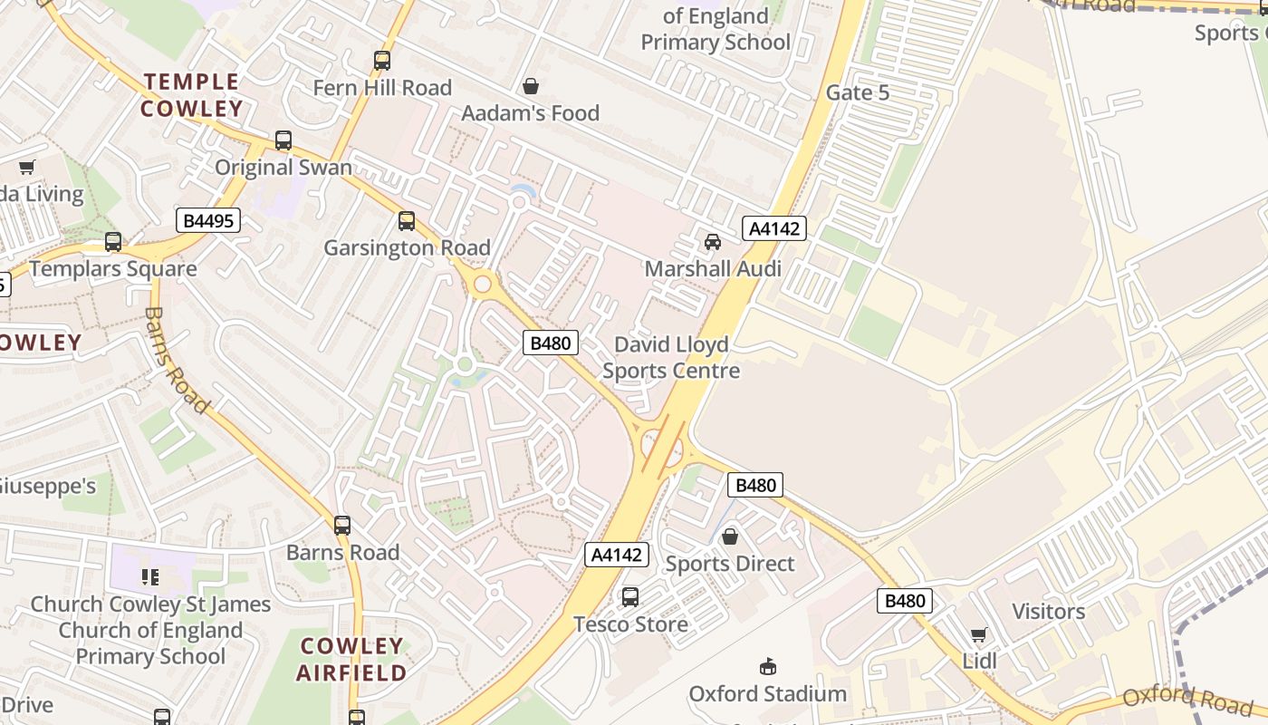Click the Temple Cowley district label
click(191, 95)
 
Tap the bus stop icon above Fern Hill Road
click(382, 62)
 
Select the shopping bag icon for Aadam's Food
click(531, 86)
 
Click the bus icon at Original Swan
click(283, 140)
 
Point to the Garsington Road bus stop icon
click(407, 221)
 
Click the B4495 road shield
click(208, 220)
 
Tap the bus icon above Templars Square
click(113, 242)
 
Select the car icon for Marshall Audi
click(713, 242)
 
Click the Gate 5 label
click(858, 92)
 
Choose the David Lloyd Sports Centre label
click(671, 358)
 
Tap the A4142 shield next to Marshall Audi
click(774, 228)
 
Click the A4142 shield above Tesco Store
click(618, 555)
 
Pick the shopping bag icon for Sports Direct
click(730, 537)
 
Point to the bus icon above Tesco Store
click(630, 597)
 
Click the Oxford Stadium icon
click(768, 667)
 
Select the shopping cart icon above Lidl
click(978, 635)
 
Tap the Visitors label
click(1048, 612)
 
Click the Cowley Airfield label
click(351, 660)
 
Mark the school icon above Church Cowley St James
click(150, 576)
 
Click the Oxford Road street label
click(1187, 699)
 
